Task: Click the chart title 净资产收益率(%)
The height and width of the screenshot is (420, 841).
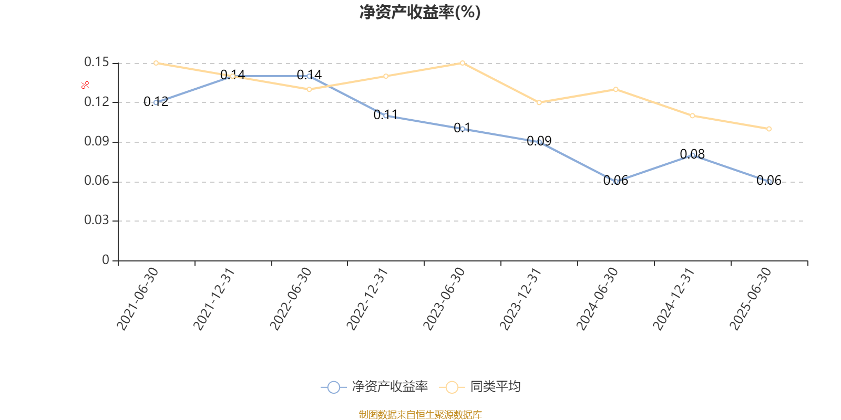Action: (x=420, y=12)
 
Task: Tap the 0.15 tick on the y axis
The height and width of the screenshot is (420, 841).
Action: (x=97, y=62)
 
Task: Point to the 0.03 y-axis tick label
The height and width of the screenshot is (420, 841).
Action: (x=97, y=220)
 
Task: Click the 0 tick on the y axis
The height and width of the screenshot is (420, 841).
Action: (x=106, y=260)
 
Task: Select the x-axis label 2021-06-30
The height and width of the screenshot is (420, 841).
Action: (x=137, y=299)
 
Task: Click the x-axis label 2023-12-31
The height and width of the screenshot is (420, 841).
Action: (x=520, y=299)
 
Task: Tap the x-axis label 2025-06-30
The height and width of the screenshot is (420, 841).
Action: (x=751, y=299)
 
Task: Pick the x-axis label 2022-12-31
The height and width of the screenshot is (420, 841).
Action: (x=367, y=299)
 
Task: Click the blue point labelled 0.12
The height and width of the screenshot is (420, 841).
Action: (x=156, y=102)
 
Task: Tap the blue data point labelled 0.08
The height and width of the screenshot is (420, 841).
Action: (x=692, y=155)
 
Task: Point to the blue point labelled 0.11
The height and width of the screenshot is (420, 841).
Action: (x=386, y=115)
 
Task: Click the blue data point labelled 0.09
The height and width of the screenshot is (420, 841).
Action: (x=539, y=142)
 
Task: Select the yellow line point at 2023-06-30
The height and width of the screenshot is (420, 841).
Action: (x=463, y=63)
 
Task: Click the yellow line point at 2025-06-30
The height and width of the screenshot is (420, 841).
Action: (x=769, y=129)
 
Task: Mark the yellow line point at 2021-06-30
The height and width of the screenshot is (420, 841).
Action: (x=156, y=63)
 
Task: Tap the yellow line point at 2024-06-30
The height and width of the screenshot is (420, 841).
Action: (x=616, y=89)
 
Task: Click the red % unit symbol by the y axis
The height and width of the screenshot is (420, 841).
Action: (x=85, y=86)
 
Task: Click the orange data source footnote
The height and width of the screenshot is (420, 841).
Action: (x=420, y=415)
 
